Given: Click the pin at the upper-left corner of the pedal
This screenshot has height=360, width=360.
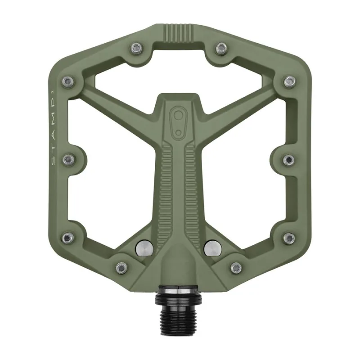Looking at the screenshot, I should click(68, 81).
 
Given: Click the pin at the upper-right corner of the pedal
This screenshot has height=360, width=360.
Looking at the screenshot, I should click(290, 81).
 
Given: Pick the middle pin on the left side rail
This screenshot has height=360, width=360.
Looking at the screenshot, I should click(68, 159).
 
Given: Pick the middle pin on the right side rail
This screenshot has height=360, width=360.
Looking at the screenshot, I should click(289, 159).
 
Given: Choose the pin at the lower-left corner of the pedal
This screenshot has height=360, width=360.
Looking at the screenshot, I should click(67, 237).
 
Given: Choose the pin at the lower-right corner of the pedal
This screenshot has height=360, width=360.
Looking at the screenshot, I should click(289, 237).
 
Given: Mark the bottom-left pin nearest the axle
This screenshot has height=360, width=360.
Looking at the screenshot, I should click(121, 267).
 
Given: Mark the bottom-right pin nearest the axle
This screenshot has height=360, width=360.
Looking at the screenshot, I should click(236, 267).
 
